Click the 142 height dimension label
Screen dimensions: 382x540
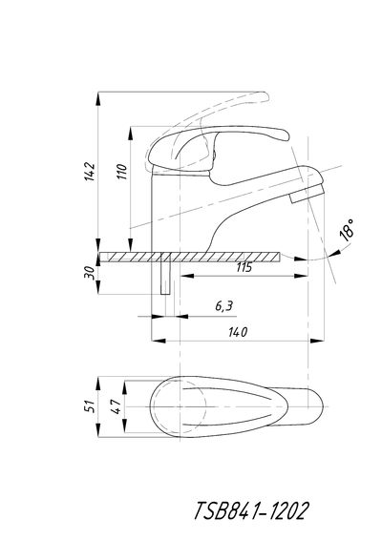(90, 171)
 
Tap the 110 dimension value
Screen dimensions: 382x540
(121, 171)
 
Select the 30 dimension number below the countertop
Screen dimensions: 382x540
(90, 273)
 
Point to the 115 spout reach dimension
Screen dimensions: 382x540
(244, 267)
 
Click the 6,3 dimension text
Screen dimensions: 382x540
(224, 306)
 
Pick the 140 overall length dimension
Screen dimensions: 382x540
(238, 332)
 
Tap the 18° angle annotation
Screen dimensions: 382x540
(347, 230)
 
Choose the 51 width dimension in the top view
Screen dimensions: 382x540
(90, 406)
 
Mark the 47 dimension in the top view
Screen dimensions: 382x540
(116, 406)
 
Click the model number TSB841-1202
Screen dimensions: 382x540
(250, 510)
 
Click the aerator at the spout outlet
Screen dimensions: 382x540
(307, 194)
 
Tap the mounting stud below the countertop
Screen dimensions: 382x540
(166, 278)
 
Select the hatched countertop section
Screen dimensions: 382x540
(190, 257)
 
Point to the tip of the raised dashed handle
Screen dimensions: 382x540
(265, 96)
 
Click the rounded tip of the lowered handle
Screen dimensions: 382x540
(284, 135)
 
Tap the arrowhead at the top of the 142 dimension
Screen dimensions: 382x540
(98, 99)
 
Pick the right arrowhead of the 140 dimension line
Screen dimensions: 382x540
(317, 341)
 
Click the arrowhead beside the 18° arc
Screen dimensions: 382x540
(335, 253)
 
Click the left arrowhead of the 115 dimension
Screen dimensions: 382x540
(187, 276)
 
